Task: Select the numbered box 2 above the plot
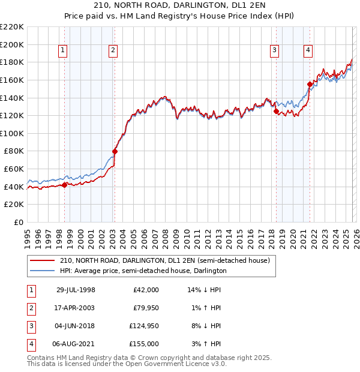click(113, 51)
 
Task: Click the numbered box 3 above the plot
click(274, 51)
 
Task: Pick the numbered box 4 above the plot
click(308, 51)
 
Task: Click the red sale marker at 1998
click(65, 185)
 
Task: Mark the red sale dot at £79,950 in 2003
click(115, 151)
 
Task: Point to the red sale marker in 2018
click(276, 111)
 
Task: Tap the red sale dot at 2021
click(310, 84)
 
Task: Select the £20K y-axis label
click(14, 205)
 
